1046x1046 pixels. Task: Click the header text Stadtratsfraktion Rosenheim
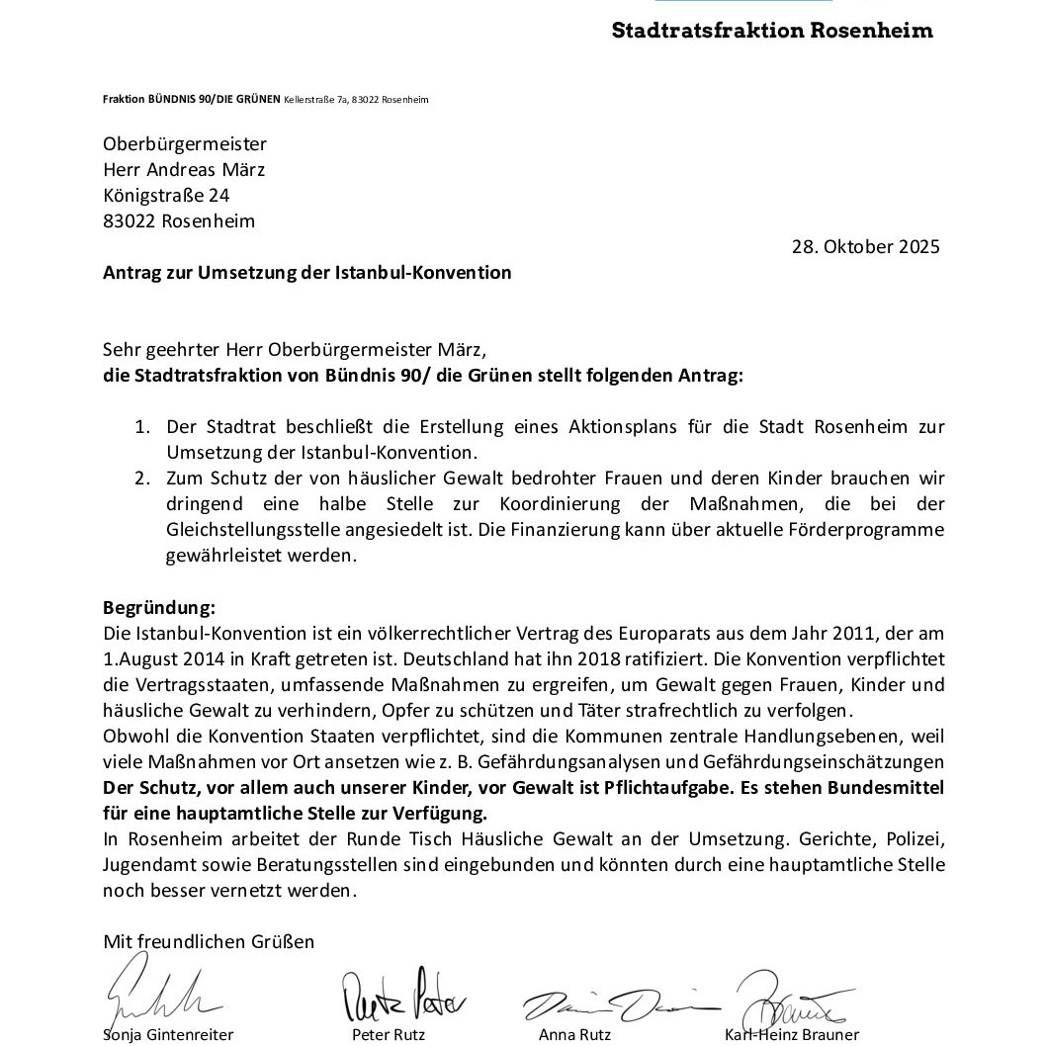[772, 30]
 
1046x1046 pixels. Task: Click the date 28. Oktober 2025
[865, 247]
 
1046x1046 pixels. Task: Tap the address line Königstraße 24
[166, 196]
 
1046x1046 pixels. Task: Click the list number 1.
[142, 427]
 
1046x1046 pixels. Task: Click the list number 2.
[142, 479]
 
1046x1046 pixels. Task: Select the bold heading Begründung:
[159, 607]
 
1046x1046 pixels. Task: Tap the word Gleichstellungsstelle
[250, 530]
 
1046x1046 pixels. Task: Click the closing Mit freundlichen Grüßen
[209, 941]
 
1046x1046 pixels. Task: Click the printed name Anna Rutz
[574, 1035]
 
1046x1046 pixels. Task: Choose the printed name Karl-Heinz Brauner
[792, 1035]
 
